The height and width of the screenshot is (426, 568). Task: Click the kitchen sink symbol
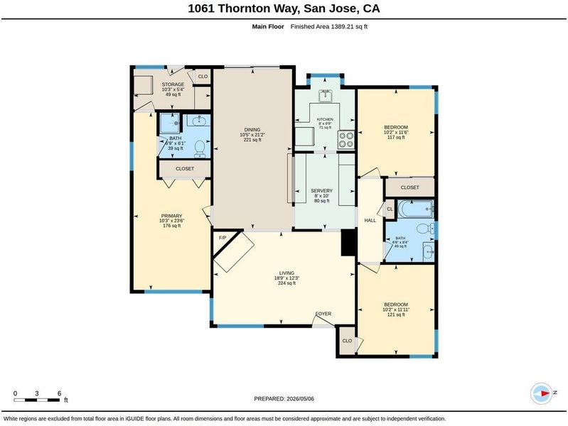point(326,96)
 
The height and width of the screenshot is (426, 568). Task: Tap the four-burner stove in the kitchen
point(346,140)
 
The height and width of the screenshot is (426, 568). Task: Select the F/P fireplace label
point(223,238)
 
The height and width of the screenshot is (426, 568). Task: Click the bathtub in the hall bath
point(416,209)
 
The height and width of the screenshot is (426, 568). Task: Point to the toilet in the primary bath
point(199,148)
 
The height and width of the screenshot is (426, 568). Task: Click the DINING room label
point(252,129)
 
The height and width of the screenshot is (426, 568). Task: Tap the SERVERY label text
point(321,191)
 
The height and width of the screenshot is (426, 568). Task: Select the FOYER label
point(323,314)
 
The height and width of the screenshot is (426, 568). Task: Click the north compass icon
point(542,393)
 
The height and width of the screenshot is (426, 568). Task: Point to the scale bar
point(37,400)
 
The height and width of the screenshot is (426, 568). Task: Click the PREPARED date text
point(284,399)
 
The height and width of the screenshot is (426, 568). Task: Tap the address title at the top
point(284,9)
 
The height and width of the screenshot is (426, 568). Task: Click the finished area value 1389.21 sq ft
point(349,26)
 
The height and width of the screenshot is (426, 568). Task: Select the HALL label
point(370,220)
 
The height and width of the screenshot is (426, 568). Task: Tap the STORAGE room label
point(173,84)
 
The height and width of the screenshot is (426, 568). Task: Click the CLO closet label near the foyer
point(347,341)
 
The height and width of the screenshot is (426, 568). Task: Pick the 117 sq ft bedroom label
point(396,132)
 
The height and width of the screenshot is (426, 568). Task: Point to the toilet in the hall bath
point(424,228)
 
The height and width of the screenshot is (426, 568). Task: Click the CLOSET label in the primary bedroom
point(185,169)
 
